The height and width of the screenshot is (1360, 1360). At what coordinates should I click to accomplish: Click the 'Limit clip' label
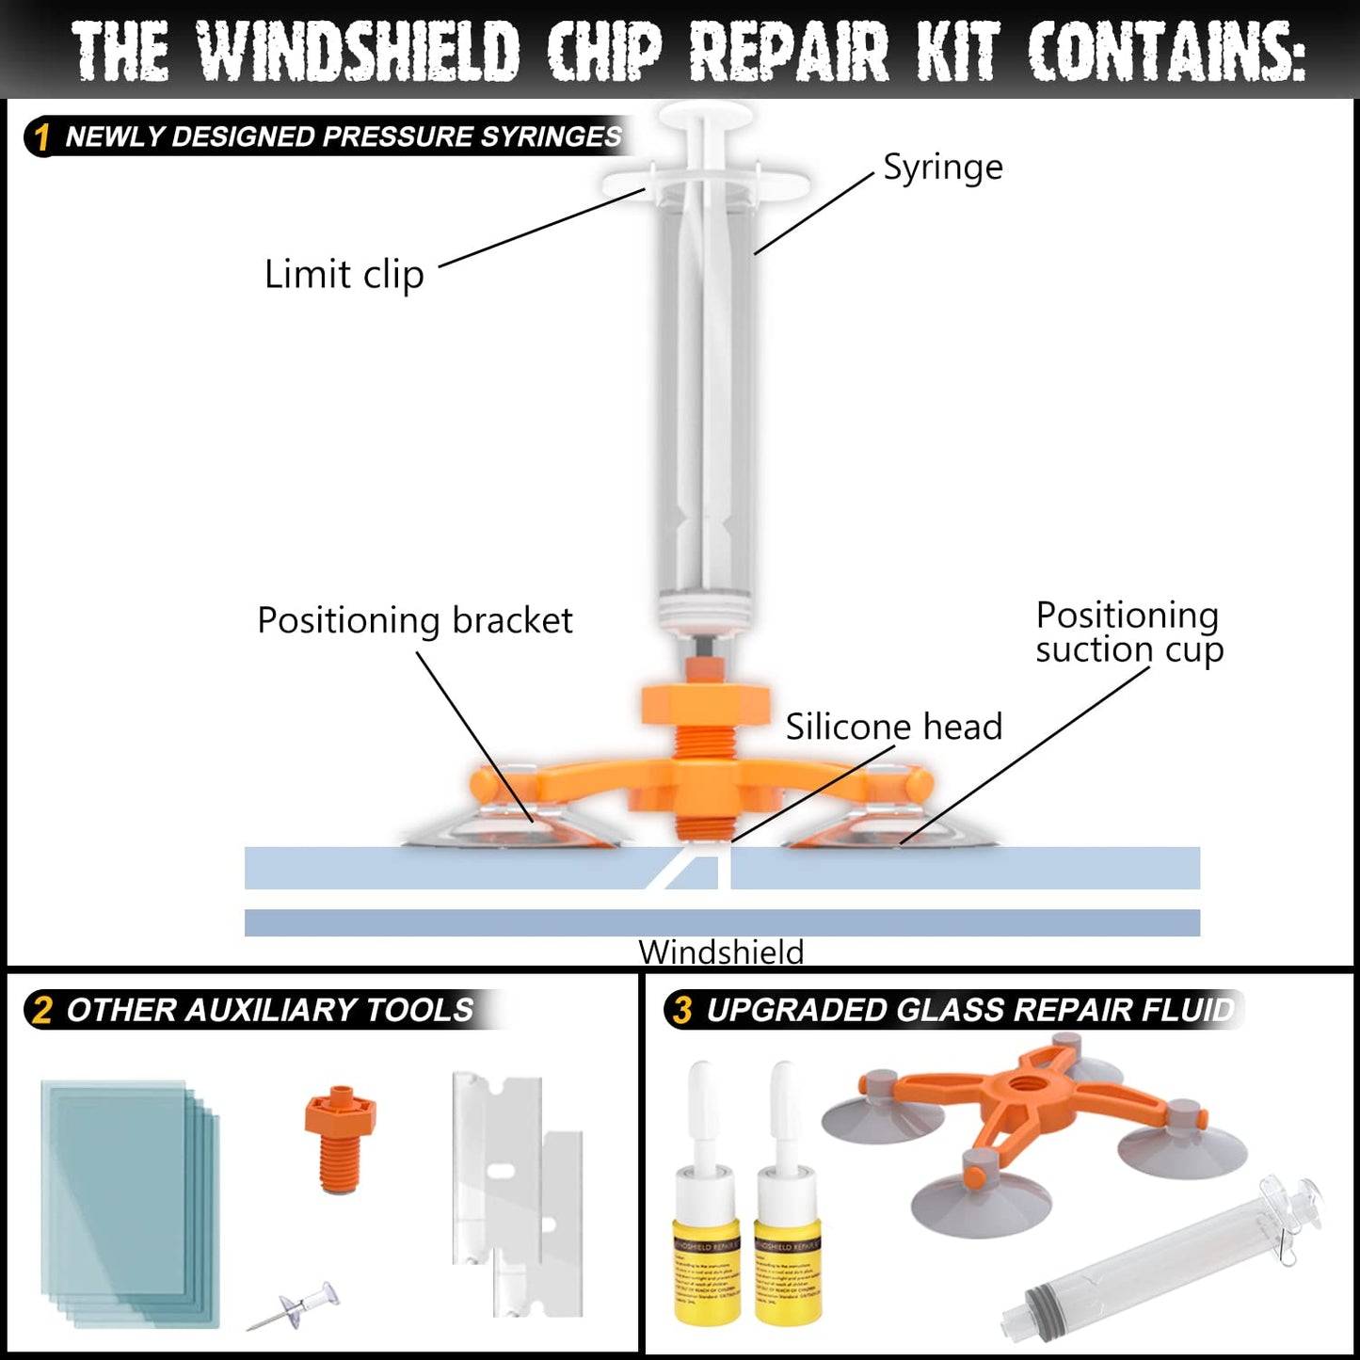point(344,275)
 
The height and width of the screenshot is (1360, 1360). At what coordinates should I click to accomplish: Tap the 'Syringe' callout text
point(942,168)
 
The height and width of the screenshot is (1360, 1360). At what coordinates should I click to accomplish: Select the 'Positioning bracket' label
point(414,621)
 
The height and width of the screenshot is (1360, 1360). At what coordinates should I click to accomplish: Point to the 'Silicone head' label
point(893,727)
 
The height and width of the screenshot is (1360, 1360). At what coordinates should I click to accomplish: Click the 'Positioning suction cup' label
point(1128,632)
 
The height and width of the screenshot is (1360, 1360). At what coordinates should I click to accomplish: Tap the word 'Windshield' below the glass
point(721,952)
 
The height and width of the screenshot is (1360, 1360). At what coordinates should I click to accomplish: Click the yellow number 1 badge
point(41,137)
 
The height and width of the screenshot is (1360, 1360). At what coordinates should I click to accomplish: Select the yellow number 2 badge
point(41,1010)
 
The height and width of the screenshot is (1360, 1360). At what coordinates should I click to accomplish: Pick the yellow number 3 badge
point(682,1010)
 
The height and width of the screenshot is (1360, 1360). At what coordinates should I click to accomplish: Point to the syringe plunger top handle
point(705,118)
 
